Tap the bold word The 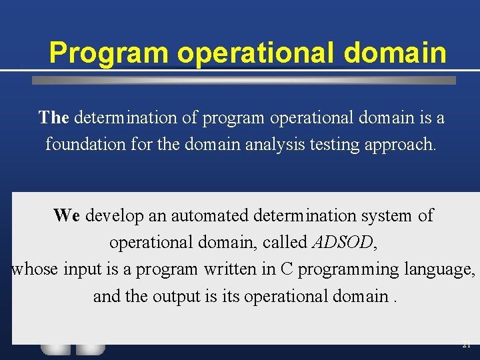[x=53, y=118]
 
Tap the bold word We [x=67, y=215]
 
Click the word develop [x=112, y=215]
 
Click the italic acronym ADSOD [x=343, y=242]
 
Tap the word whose [x=35, y=269]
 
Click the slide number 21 [x=465, y=345]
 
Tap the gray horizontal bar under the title [x=244, y=80]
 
